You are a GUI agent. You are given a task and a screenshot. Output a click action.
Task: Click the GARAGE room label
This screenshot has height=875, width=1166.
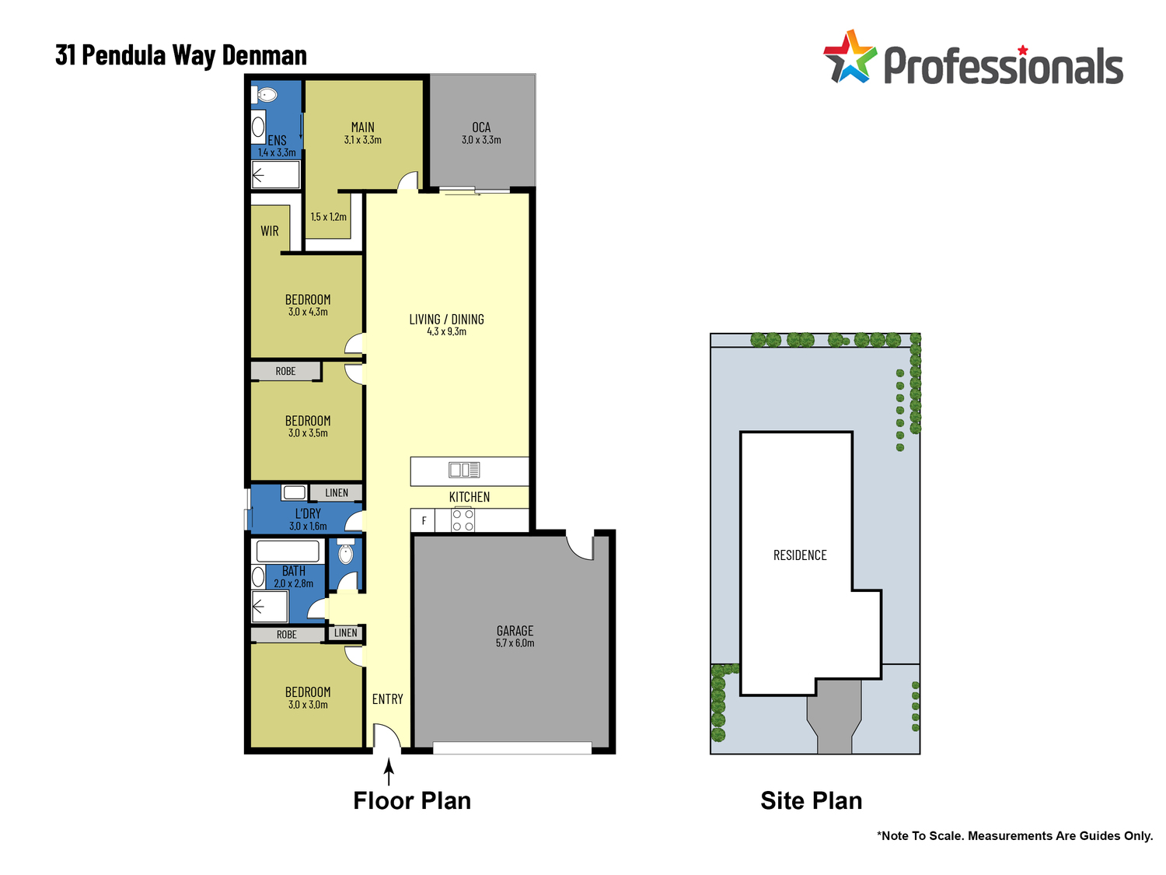point(515,631)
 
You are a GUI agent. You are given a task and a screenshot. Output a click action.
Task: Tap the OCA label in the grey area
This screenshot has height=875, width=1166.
point(481,128)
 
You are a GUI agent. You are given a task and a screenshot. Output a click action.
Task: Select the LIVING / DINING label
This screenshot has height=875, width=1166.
point(446,320)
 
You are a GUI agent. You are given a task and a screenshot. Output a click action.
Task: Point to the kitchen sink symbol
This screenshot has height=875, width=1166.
point(464,470)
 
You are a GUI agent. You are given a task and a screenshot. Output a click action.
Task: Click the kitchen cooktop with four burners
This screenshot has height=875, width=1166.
point(463,520)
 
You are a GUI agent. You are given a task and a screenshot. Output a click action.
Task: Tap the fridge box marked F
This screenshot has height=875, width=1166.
point(424,521)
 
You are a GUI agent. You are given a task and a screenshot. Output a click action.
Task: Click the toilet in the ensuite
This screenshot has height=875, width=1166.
point(267,95)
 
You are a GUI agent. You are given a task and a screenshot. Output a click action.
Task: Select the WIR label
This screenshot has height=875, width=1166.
point(270,231)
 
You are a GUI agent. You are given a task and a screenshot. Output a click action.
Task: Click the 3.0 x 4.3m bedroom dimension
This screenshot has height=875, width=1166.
point(308,313)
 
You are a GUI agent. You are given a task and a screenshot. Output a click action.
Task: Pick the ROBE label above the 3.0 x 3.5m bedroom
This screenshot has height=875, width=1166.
point(285,372)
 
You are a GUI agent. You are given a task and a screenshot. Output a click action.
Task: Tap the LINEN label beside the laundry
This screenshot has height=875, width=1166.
point(337,493)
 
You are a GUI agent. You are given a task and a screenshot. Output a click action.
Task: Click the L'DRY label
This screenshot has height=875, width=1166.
point(308,513)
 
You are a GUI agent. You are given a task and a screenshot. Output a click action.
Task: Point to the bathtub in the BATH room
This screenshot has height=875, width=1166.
point(288,551)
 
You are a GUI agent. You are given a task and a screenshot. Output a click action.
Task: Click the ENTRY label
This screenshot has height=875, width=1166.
point(387,699)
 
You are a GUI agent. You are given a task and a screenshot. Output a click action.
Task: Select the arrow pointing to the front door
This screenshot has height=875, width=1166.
point(389,772)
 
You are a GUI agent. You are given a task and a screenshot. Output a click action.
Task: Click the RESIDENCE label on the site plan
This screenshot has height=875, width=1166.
point(800,555)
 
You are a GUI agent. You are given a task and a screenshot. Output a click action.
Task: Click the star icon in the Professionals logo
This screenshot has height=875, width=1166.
point(850,58)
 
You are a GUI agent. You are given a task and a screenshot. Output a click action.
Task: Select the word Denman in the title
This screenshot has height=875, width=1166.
point(264,55)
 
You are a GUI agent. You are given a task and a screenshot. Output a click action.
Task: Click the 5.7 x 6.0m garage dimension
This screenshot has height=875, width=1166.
point(515,643)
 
